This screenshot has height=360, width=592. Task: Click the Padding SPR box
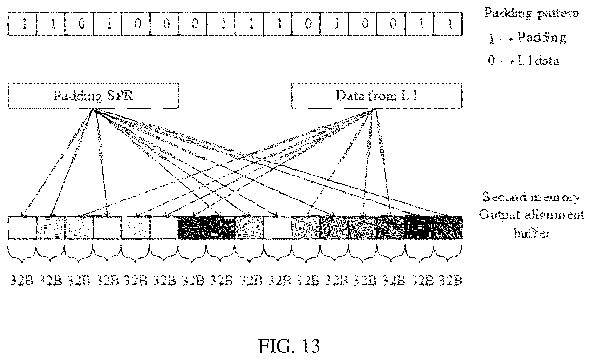pos(93,96)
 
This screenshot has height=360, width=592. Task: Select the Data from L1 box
pos(377,96)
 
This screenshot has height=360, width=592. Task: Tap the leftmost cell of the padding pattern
pos(22,24)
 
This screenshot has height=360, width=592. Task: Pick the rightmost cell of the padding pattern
pos(448,24)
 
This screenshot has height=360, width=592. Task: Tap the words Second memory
pos(531,197)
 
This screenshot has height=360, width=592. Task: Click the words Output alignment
pos(532,215)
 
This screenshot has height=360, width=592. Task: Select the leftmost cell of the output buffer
pos(22,227)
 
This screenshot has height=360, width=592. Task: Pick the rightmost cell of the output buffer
pos(448,227)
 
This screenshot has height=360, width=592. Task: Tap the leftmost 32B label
pos(22,281)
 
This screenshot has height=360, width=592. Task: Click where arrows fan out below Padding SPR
pos(93,109)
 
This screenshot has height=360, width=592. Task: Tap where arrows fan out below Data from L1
pos(375,109)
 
